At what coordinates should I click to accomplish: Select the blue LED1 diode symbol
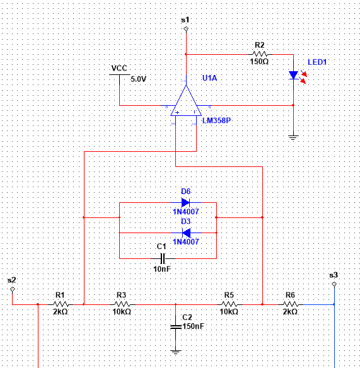tap(293, 76)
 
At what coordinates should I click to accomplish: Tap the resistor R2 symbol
tap(260, 54)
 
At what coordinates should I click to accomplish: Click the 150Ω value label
tap(260, 62)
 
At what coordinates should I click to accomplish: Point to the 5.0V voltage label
tap(138, 79)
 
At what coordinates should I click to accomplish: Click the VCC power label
tap(119, 68)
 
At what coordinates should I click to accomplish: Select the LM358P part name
tap(216, 119)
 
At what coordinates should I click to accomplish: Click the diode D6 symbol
tap(185, 203)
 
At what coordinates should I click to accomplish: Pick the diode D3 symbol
tap(185, 233)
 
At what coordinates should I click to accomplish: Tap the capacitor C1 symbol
tap(162, 258)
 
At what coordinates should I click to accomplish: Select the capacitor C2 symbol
tap(176, 326)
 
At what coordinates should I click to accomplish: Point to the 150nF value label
tap(192, 326)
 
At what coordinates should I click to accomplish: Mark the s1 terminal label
tap(185, 20)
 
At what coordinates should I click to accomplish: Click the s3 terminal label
tap(334, 275)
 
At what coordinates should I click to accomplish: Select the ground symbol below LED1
tap(293, 136)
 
